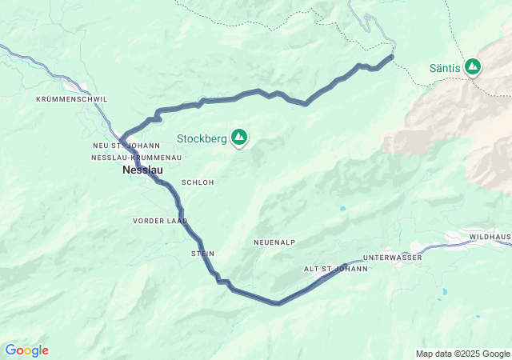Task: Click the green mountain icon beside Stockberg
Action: (x=238, y=138)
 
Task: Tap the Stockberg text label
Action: (x=202, y=138)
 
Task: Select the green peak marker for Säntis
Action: (x=473, y=67)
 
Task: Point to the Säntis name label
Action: (x=444, y=68)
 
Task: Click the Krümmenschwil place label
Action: (x=71, y=99)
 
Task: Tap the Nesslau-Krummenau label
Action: (x=136, y=158)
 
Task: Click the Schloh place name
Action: (x=198, y=182)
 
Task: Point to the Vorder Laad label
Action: (x=160, y=220)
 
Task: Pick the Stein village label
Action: (x=202, y=254)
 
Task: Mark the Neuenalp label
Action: (x=274, y=242)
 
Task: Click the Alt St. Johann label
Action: (x=335, y=269)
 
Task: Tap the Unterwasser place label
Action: (x=391, y=258)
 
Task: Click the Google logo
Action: (x=26, y=350)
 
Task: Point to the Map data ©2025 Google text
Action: (x=462, y=354)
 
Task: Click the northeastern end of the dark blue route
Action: (x=392, y=56)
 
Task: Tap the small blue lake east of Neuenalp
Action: (x=342, y=209)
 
